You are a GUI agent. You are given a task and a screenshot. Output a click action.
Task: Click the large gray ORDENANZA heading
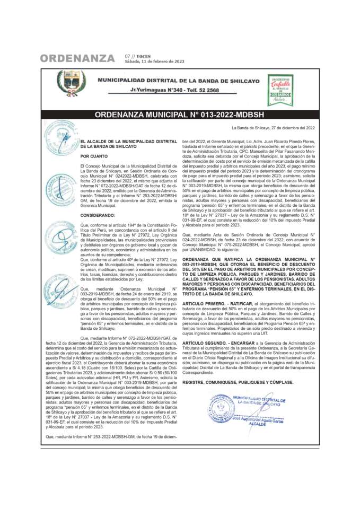click(x=77, y=58)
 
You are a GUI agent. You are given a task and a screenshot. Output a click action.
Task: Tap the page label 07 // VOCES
click(x=137, y=56)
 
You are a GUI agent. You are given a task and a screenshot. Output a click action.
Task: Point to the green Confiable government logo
click(x=280, y=89)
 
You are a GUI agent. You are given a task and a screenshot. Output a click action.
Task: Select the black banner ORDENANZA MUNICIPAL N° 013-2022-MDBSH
click(x=180, y=115)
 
